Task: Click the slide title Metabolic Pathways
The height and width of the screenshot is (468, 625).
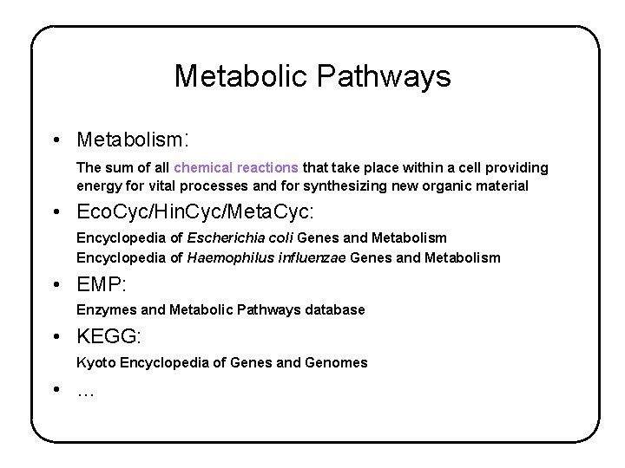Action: tap(312, 76)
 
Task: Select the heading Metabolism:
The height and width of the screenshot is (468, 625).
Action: tap(133, 140)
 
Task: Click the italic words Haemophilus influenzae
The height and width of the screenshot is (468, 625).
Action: tap(265, 257)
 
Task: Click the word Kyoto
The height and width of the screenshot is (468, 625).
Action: tap(95, 363)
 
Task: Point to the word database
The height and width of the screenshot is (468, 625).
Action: tap(333, 309)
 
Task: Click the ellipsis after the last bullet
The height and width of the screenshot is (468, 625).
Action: tap(85, 392)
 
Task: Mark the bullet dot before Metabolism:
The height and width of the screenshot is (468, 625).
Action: tap(56, 140)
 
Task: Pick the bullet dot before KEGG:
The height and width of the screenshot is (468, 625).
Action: tap(56, 338)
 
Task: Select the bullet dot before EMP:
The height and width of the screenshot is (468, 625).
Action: tap(56, 284)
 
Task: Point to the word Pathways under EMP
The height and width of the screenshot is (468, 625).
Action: tap(267, 309)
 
